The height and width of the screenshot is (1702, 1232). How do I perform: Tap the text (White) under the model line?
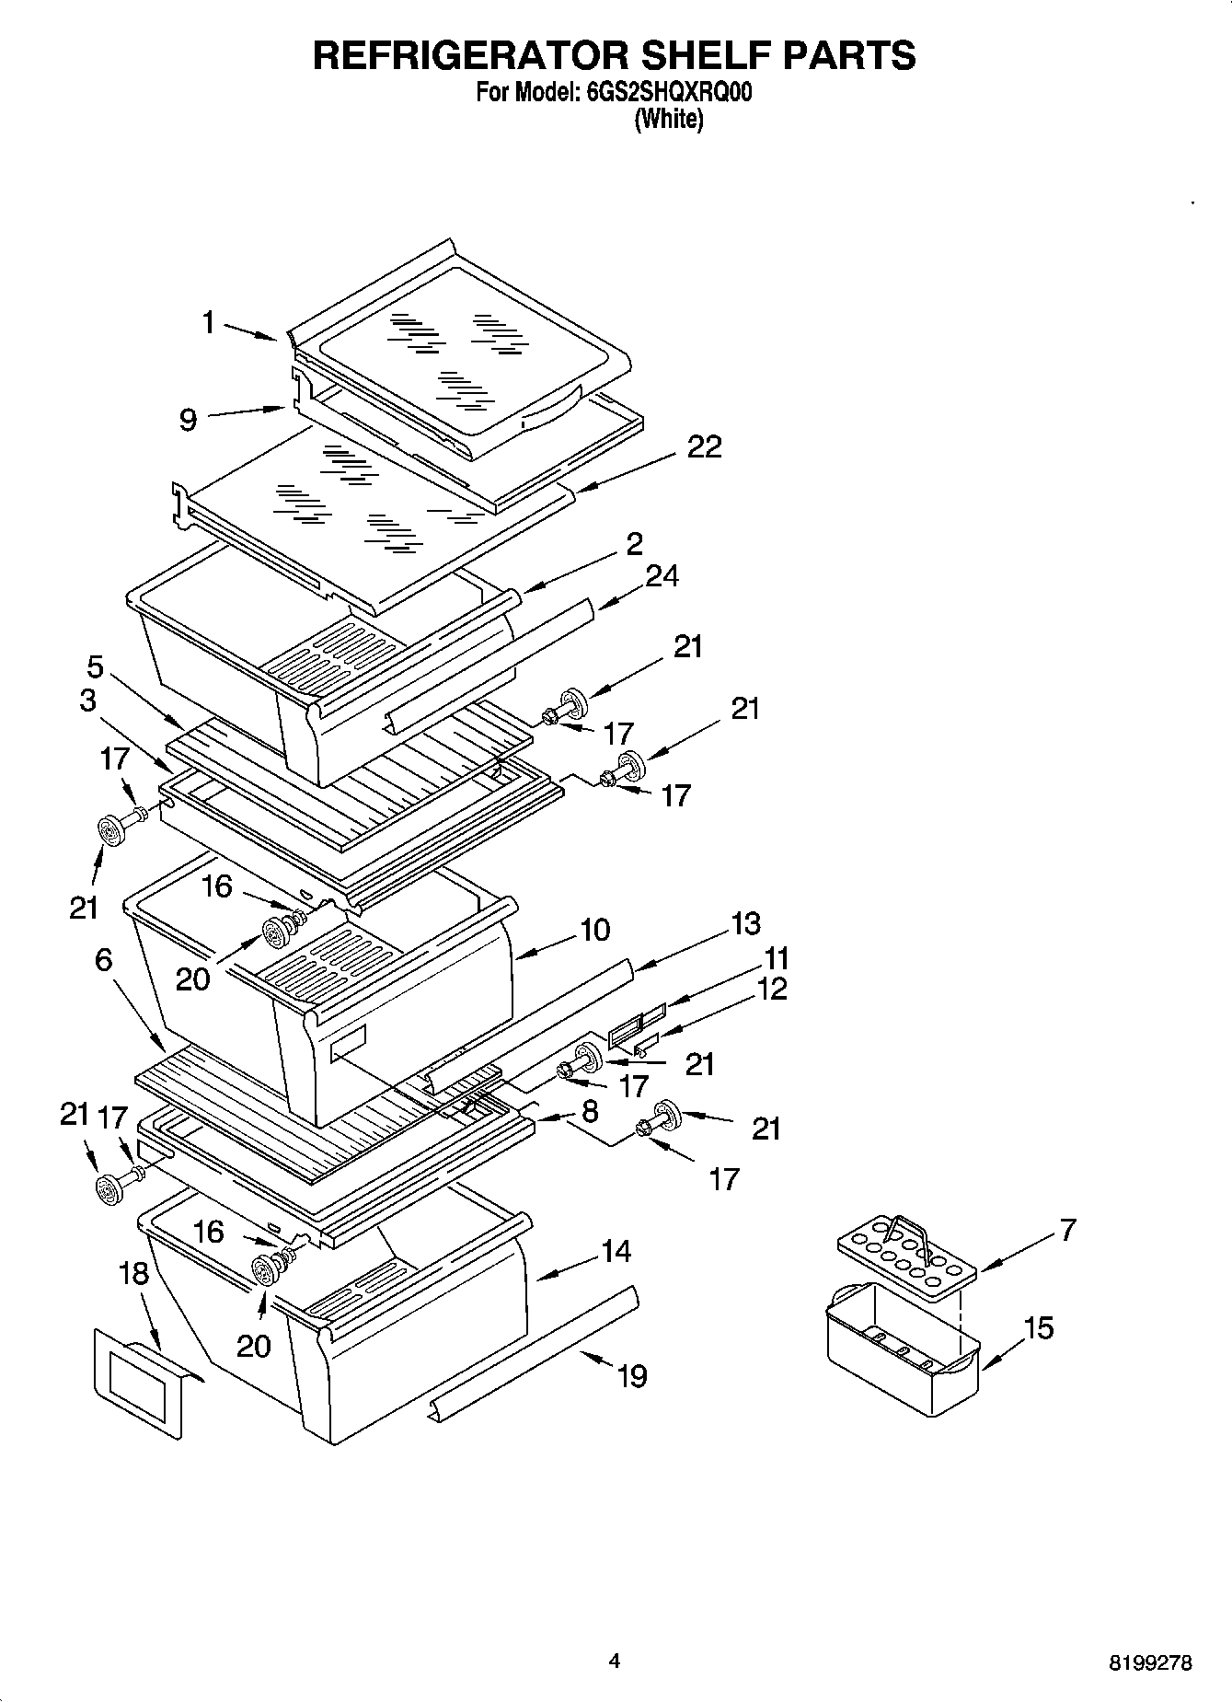669,120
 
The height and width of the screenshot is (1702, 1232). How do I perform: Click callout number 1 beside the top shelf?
209,322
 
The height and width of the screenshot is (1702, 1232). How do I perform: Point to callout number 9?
188,421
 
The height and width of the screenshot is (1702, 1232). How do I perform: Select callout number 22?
704,446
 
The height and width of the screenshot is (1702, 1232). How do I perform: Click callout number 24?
662,576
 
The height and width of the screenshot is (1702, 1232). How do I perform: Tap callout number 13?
746,923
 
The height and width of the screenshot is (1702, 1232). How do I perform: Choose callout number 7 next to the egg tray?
1066,1230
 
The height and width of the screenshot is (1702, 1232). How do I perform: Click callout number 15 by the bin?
1038,1328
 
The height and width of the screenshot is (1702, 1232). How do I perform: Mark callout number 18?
133,1274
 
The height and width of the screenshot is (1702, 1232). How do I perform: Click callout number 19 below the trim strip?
632,1376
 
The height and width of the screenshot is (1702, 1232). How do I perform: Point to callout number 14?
616,1251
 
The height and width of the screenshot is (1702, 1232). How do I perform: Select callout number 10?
595,930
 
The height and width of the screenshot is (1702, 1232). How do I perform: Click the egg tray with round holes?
906,1253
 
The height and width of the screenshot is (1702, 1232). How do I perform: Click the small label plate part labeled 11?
637,1022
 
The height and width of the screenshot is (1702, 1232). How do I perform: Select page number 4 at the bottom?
615,1661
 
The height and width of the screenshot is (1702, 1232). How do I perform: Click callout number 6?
103,961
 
